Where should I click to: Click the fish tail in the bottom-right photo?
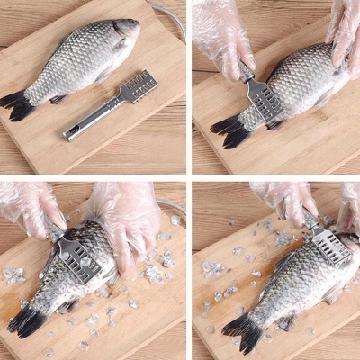241,330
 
